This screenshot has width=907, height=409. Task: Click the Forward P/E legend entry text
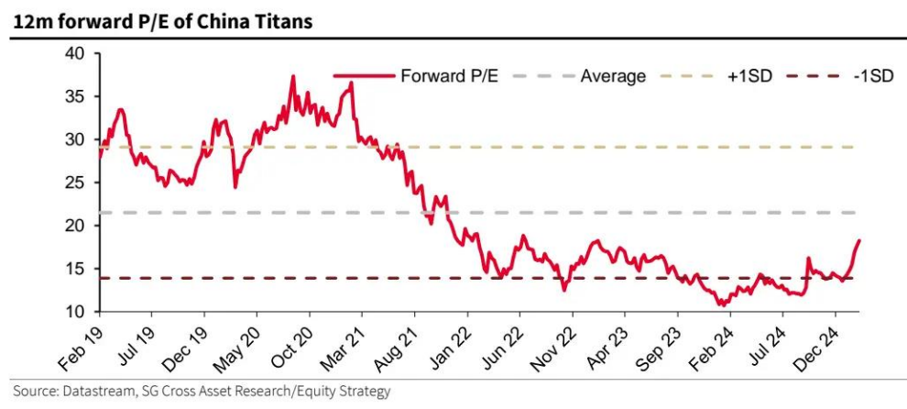point(449,76)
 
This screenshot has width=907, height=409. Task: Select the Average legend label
point(613,76)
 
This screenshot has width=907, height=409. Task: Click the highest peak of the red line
point(293,76)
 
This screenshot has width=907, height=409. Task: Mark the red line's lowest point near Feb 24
point(722,305)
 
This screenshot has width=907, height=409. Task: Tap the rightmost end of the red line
point(860,240)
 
